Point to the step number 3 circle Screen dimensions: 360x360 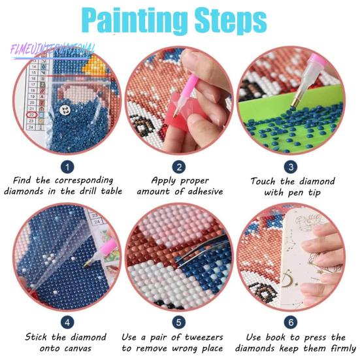tap(291, 167)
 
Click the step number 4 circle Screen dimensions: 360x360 tap(67, 322)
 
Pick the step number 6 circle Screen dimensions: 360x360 tap(291, 322)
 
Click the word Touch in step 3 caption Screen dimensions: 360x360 tap(265, 181)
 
